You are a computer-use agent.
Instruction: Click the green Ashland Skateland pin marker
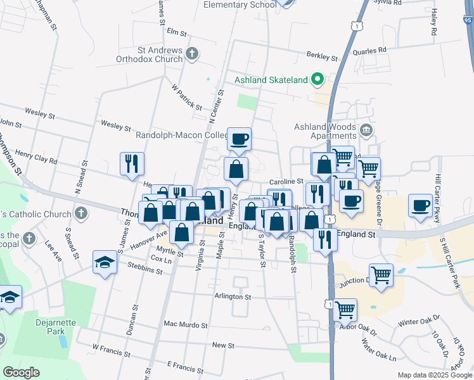(319, 80)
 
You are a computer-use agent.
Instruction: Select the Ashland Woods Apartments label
(325, 131)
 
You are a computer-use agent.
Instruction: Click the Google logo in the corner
(21, 372)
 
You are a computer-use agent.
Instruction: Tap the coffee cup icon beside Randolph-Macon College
(239, 139)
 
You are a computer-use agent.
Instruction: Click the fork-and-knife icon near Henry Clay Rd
(132, 164)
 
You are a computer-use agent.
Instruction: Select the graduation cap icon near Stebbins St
(105, 263)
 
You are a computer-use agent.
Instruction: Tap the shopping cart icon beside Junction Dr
(381, 275)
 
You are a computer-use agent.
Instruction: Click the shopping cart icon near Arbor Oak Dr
(345, 310)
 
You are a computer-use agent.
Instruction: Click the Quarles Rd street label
(373, 50)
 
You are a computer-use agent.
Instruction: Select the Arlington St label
(233, 296)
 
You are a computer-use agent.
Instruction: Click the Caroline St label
(286, 181)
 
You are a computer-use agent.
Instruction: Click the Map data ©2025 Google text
(434, 375)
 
